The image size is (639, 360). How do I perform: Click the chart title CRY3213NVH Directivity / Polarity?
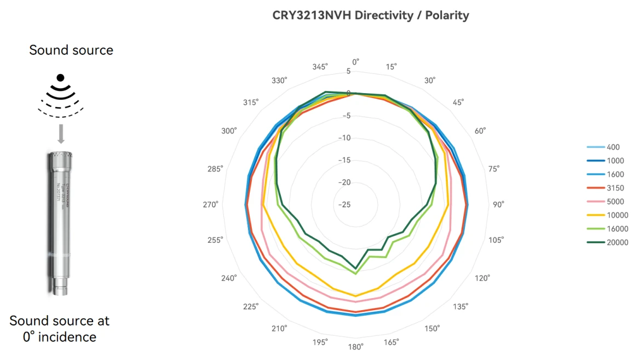click(371, 15)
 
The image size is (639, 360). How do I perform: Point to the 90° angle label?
click(498, 204)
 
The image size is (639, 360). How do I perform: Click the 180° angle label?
click(355, 347)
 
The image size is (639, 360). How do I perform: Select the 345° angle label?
click(319, 66)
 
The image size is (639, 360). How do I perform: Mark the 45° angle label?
click(458, 102)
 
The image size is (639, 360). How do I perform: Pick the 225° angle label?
click(250, 306)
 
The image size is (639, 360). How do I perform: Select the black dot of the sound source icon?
click(61, 77)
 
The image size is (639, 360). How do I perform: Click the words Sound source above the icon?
click(71, 50)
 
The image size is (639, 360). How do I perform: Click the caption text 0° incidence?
click(59, 336)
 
